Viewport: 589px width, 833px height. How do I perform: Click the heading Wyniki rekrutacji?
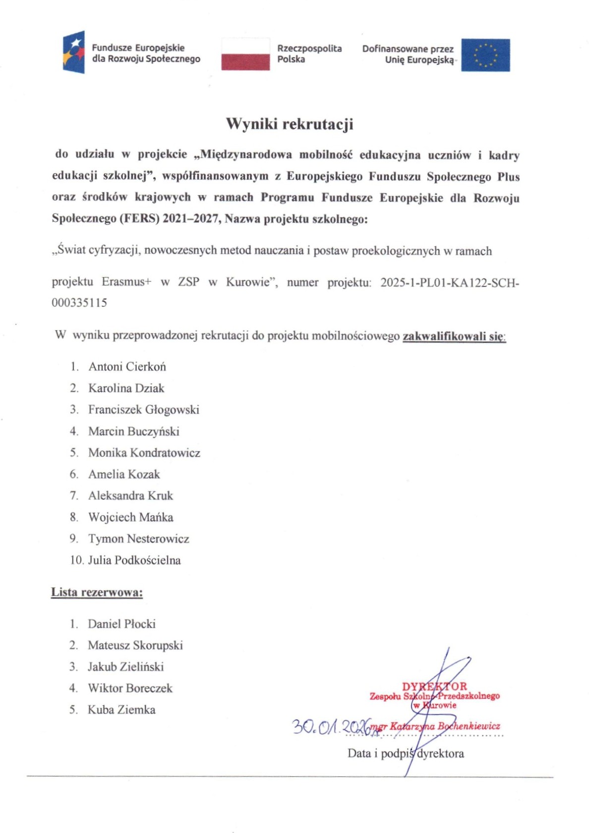(290, 124)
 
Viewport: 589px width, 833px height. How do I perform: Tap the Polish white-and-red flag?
(245, 54)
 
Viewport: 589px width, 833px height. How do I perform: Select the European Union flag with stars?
(485, 55)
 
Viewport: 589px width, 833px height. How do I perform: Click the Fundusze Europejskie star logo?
(74, 52)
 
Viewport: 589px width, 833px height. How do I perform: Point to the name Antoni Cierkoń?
(127, 367)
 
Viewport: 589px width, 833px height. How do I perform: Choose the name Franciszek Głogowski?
(144, 410)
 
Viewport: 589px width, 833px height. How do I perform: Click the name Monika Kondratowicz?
(144, 453)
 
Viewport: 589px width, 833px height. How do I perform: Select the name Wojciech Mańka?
(131, 517)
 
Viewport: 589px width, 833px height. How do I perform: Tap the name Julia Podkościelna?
(134, 560)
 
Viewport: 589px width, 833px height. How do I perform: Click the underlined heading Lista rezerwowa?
(97, 592)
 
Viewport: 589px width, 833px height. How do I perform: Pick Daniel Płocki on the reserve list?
(121, 624)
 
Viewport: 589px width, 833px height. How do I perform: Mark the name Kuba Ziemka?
(121, 710)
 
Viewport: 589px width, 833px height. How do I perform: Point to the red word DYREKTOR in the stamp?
(434, 687)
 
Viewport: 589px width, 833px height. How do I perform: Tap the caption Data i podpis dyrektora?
(406, 754)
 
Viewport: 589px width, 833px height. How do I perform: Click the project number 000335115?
(79, 303)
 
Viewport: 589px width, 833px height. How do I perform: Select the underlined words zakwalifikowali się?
(453, 336)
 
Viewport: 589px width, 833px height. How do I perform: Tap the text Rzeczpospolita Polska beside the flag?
(309, 54)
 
